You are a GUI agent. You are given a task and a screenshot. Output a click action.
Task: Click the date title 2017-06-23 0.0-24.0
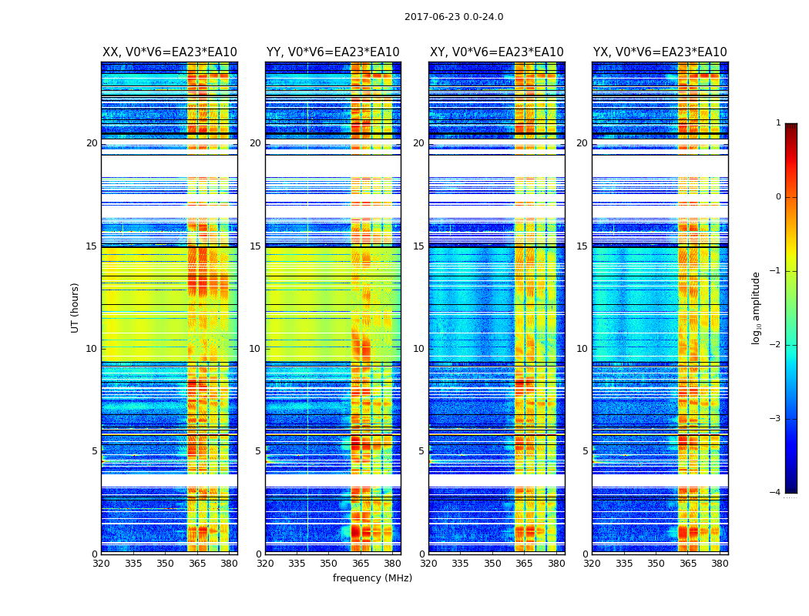click(454, 17)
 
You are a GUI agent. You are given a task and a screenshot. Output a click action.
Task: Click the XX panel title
click(170, 52)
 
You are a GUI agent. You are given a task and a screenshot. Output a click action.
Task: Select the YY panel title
click(333, 52)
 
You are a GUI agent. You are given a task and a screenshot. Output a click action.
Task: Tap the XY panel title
click(496, 52)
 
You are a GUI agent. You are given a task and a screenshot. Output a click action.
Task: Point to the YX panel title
click(660, 52)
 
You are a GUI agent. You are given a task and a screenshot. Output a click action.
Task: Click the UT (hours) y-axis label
click(75, 307)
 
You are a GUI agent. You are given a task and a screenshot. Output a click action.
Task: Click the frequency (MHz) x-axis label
click(372, 578)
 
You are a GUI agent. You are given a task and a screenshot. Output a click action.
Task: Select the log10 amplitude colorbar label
click(757, 307)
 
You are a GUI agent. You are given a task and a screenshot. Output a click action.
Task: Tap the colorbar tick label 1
click(778, 123)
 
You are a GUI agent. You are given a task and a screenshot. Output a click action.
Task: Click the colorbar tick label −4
click(776, 493)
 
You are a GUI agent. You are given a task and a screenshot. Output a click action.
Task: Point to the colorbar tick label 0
click(778, 197)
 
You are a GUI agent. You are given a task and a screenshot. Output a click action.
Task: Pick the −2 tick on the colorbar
click(776, 345)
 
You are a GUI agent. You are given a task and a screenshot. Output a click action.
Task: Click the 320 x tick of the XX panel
click(101, 564)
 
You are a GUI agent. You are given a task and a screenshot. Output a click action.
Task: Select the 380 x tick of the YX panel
click(720, 564)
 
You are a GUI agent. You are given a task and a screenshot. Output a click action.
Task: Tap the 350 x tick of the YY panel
click(329, 564)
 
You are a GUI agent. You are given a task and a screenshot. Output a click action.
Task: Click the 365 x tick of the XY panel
click(524, 564)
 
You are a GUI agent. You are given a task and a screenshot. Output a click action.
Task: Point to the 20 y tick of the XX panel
click(92, 143)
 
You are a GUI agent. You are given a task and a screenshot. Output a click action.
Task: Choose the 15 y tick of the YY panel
click(256, 246)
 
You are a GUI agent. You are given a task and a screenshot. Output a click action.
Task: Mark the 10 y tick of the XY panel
click(419, 349)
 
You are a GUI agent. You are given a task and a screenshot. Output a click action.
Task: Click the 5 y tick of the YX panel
click(586, 451)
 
